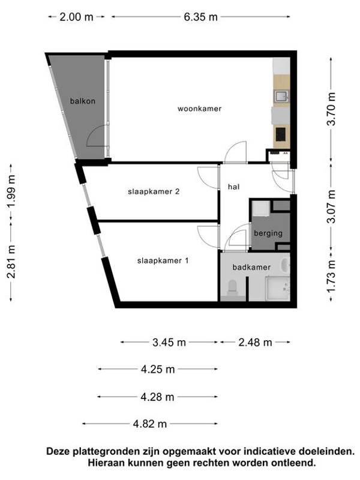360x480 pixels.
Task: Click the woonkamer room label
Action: tap(199, 109)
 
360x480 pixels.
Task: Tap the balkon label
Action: tap(82, 101)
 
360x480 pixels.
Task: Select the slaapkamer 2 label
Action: tap(154, 192)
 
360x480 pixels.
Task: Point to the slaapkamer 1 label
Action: tap(163, 260)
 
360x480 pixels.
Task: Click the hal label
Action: tap(234, 187)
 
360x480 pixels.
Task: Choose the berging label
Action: tap(268, 233)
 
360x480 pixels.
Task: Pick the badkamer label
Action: tap(252, 267)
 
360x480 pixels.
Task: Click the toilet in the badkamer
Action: tap(231, 290)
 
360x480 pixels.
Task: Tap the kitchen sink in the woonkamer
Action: tap(280, 95)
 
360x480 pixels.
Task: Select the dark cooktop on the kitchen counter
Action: tap(280, 133)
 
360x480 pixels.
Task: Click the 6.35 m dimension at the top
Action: tap(200, 17)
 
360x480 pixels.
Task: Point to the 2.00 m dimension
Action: tap(76, 17)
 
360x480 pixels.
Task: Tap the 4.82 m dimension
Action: tap(150, 424)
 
